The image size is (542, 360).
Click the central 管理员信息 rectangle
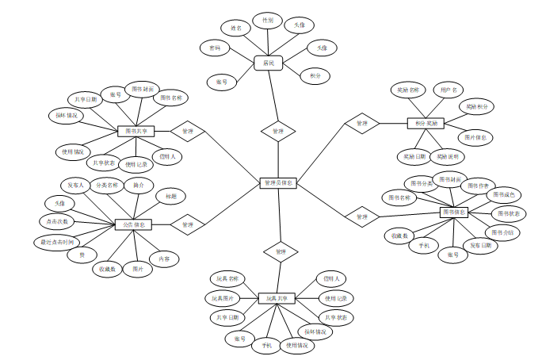278,183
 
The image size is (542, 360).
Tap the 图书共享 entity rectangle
135,131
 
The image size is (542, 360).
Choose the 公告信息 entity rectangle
133,224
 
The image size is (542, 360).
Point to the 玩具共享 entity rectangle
277,298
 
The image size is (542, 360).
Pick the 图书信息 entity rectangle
454,212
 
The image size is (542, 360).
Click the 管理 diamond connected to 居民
277,130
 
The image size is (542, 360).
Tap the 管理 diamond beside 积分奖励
361,123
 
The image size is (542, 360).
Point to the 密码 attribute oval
215,48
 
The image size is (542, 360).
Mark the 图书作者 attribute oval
477,185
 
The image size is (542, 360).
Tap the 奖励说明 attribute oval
448,156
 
